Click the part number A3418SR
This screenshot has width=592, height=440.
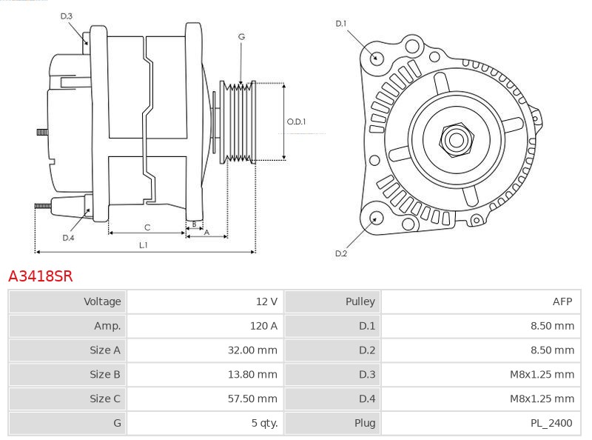point(41,276)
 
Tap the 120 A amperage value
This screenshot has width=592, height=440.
point(263,326)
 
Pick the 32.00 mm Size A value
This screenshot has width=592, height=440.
point(252,350)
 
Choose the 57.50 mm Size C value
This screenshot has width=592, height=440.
point(252,399)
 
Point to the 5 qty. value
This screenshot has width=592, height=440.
point(264,423)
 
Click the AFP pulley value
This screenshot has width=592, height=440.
point(562,301)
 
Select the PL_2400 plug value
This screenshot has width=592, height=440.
point(551,423)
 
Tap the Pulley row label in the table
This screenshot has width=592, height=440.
point(360,301)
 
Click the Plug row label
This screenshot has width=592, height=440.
point(365,423)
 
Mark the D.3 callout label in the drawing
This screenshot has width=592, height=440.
point(67,16)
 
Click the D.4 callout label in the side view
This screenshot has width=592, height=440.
point(68,238)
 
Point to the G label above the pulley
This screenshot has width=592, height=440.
point(242,37)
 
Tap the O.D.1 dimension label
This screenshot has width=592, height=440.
point(297,121)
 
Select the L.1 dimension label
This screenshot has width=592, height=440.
point(144,245)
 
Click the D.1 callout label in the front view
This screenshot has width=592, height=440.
point(341,24)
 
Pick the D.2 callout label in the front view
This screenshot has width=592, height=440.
point(341,253)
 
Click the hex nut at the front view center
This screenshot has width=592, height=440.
point(457,140)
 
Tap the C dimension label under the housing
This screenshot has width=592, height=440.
point(147,227)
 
